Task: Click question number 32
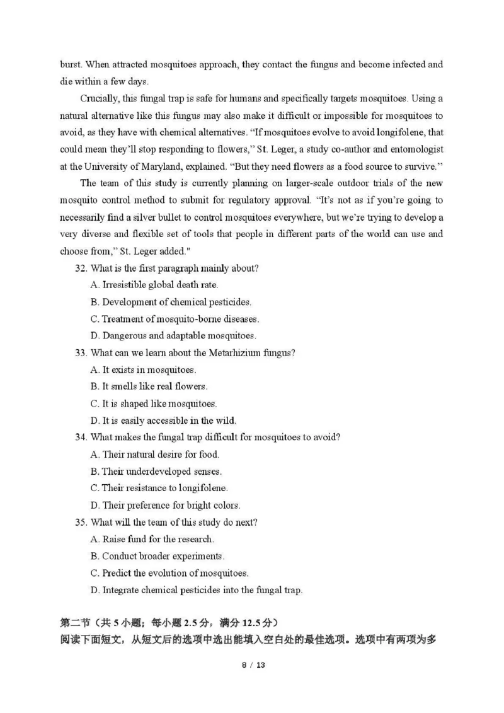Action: (x=81, y=268)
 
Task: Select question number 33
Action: (x=81, y=353)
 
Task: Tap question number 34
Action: (x=81, y=438)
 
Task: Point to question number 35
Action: (x=81, y=523)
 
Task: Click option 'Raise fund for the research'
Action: (x=158, y=540)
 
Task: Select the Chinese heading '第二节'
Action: (x=74, y=623)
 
